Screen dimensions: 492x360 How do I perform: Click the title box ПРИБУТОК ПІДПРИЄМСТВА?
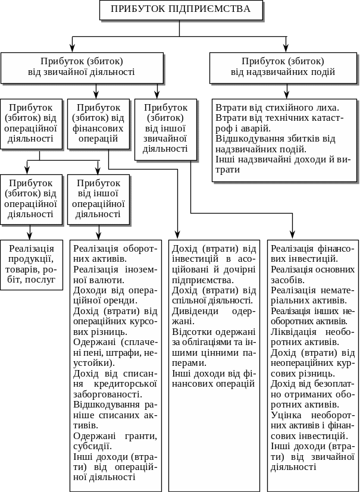181,10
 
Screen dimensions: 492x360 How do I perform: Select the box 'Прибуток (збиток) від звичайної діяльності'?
82,67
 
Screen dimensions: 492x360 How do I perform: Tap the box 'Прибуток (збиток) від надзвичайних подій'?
283,67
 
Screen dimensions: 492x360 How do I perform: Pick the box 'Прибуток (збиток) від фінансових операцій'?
98,123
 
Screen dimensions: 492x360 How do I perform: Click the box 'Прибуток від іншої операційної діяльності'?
98,199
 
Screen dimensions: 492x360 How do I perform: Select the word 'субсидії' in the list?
90,446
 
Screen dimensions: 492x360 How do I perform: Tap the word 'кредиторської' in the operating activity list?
129,384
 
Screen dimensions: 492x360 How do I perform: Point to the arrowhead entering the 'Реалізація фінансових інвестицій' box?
293,235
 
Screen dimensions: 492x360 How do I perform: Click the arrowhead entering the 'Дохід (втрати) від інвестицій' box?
178,235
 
